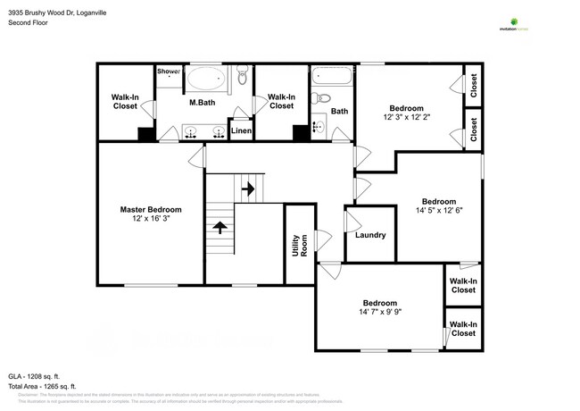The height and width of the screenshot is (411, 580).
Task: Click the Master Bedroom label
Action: click(151, 210)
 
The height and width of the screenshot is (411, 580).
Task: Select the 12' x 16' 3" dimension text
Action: click(151, 219)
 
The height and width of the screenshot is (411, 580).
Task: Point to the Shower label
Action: click(169, 71)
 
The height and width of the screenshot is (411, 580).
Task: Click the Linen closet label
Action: click(241, 131)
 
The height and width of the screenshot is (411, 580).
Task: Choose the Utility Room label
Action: click(299, 240)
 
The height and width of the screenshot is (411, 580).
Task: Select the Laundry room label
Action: click(369, 235)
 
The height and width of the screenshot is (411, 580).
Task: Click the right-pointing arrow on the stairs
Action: click(248, 189)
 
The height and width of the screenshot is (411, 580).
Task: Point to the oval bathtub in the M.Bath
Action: click(207, 79)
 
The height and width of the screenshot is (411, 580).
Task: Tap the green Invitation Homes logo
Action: click(513, 23)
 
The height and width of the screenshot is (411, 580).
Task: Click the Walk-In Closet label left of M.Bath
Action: click(124, 102)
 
